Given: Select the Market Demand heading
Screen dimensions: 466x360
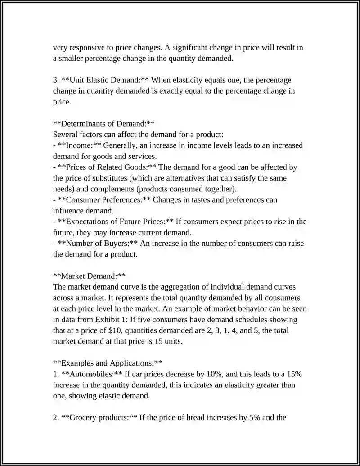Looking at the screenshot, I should point(89,276).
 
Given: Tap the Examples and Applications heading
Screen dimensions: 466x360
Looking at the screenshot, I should point(108,363).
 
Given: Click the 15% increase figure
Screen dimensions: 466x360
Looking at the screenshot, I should point(293,374).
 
